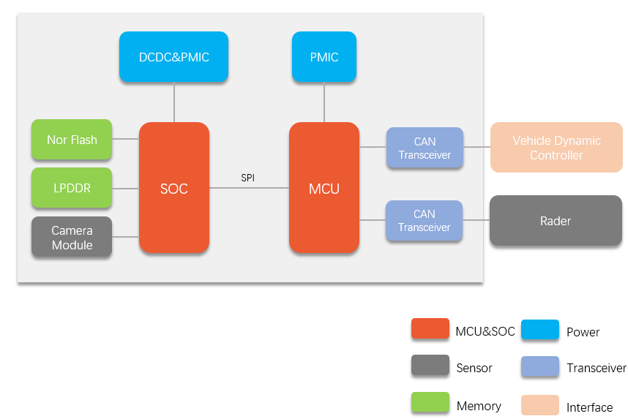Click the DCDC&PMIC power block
tap(173, 57)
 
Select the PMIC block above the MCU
tap(324, 57)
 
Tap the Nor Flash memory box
tap(72, 140)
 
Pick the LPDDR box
tap(72, 188)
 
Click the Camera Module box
tap(72, 237)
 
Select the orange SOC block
tap(174, 189)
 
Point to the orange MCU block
tap(324, 189)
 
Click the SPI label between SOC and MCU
tap(248, 178)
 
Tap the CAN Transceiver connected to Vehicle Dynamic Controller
tap(425, 148)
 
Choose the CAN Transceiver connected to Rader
tap(425, 221)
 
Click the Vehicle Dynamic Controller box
tap(556, 148)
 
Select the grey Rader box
tap(556, 220)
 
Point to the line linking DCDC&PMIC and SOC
tap(174, 102)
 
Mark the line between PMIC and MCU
tap(324, 102)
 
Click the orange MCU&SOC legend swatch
tap(430, 330)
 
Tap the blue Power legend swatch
tap(540, 331)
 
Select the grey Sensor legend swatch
tap(430, 366)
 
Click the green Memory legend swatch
tap(430, 404)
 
